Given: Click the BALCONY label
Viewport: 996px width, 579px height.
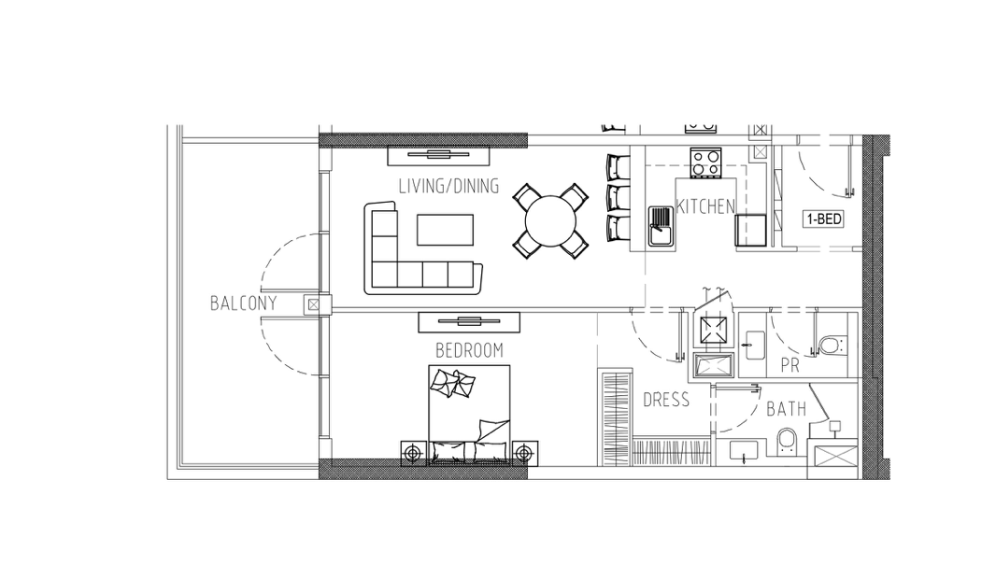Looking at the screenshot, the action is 243,304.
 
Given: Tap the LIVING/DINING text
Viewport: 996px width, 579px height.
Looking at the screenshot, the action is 448,186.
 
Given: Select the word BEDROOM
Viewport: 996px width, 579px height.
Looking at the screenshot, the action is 469,350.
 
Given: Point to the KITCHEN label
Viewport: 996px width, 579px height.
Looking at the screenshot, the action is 705,206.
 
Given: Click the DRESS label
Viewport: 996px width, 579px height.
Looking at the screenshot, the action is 665,400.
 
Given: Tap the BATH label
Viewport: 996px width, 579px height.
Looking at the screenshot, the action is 787,409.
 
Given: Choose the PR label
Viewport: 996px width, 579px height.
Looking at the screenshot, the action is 790,366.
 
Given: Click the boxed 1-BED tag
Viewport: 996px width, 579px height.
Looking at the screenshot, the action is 824,219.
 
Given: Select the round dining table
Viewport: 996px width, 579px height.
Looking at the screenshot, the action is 550,221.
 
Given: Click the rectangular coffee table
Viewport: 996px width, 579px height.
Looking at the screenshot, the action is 445,230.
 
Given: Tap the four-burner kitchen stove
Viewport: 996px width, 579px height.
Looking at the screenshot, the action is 705,162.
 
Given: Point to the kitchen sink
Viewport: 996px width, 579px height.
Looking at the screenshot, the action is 662,225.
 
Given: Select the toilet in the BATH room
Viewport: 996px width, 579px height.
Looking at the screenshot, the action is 787,442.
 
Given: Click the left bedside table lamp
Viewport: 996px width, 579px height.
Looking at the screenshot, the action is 414,453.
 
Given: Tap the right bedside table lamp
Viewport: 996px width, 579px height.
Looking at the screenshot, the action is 524,453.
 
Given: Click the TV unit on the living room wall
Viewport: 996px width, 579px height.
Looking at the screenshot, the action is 438,155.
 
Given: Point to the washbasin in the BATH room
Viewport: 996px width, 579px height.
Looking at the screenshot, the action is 743,451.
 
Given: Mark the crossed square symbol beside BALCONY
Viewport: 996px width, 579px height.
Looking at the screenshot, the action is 313,304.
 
